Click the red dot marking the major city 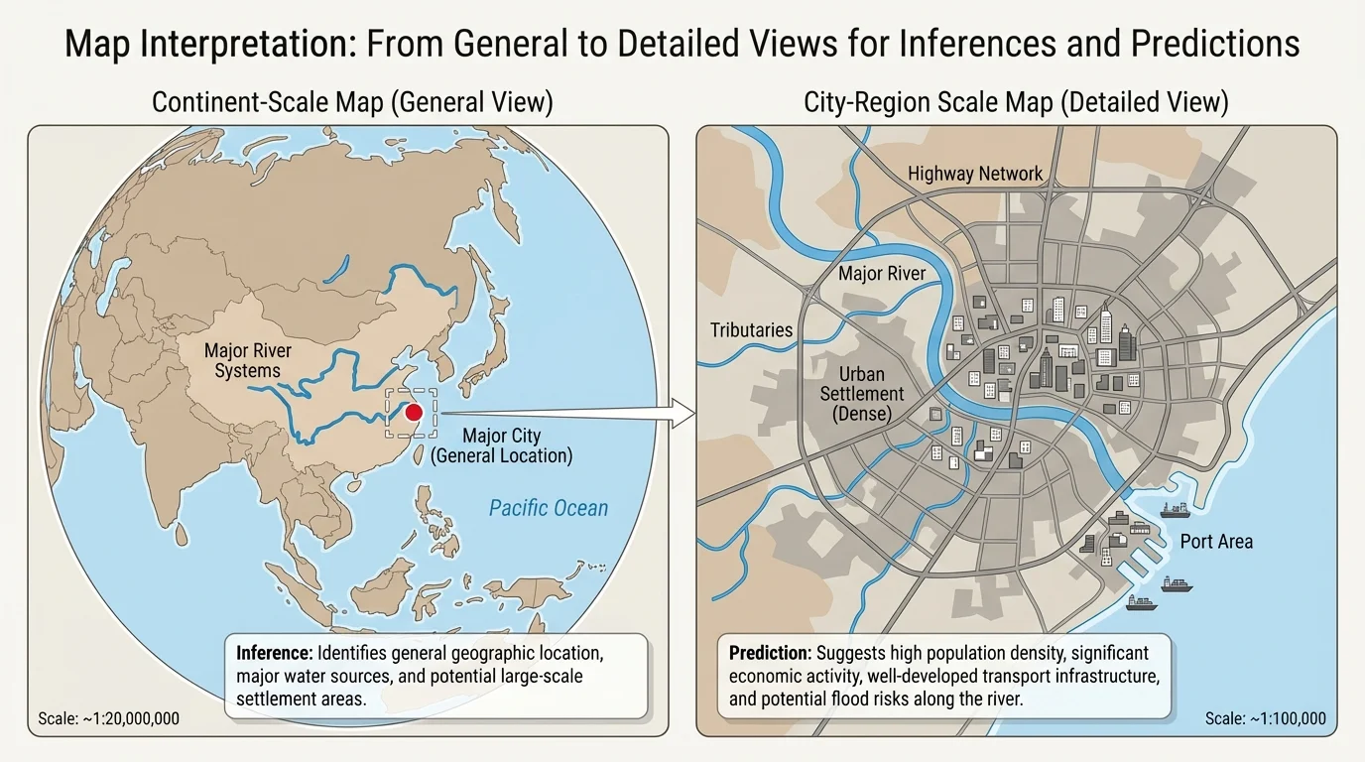415,412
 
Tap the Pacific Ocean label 548,508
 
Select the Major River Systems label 248,360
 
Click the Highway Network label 975,174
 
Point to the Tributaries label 751,329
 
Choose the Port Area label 1215,542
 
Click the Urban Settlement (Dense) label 862,394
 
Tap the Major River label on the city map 882,273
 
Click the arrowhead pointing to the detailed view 682,412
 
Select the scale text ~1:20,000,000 109,718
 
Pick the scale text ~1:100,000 1265,718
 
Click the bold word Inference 274,655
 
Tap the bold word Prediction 769,653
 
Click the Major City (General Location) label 502,445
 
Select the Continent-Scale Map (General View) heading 352,102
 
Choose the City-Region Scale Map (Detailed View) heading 1016,102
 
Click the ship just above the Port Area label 1175,511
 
